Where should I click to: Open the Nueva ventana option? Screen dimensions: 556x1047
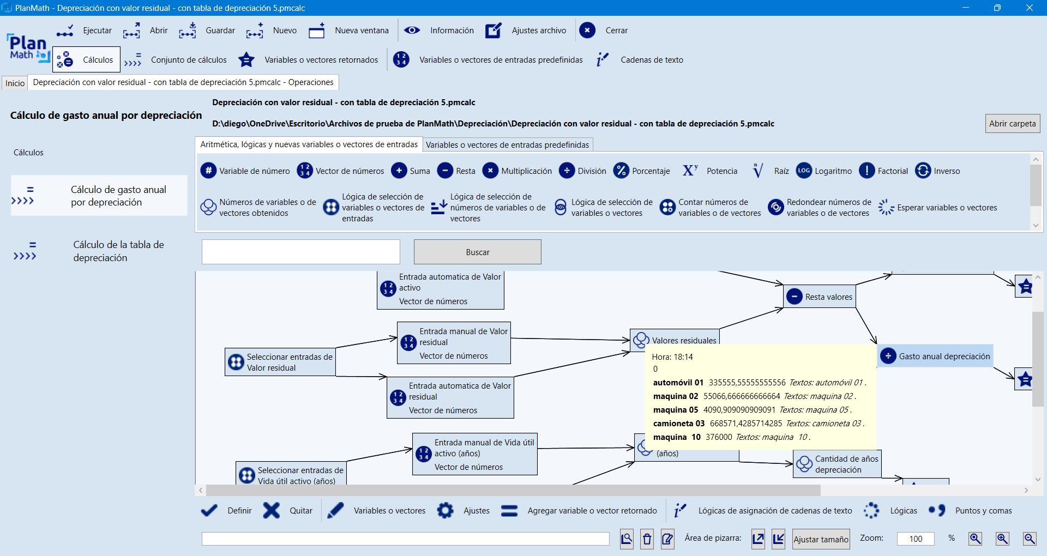coord(349,31)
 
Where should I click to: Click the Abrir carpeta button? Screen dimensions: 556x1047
coord(1012,123)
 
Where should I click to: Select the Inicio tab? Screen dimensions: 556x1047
coord(15,83)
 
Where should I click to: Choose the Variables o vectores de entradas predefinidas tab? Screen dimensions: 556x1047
coord(507,144)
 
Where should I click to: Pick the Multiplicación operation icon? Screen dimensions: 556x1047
coord(490,171)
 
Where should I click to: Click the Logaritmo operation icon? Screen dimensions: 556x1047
coord(804,171)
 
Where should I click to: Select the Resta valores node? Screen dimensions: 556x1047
coord(820,297)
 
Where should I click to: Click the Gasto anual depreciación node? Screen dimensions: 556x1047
coord(935,356)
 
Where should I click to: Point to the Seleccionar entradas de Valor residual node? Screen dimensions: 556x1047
coord(280,362)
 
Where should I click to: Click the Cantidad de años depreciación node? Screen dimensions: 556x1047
coord(838,464)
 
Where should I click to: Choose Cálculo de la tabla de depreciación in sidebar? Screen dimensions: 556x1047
coord(118,251)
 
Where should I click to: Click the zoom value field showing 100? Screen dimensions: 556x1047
coord(916,539)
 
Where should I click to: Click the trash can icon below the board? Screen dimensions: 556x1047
coord(647,539)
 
